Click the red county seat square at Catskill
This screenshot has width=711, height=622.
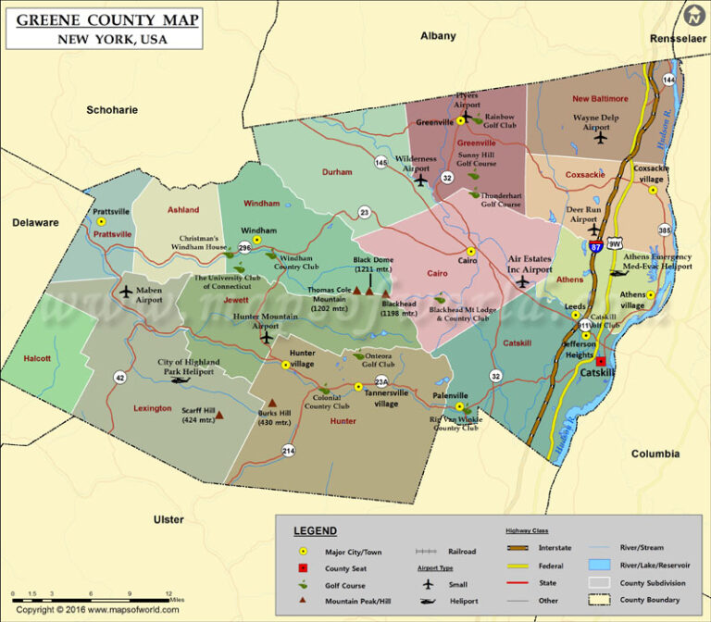tap(600, 361)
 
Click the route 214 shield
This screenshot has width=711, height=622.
tap(289, 450)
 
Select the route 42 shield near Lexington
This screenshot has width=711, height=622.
tap(119, 377)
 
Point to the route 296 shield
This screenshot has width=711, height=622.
tap(244, 248)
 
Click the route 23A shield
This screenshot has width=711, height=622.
tap(380, 381)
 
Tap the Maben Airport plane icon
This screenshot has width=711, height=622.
tap(127, 292)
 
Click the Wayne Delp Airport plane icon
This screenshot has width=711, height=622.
tap(601, 139)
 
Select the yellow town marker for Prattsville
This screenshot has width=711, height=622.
tap(102, 222)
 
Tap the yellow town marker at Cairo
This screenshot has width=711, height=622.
tap(471, 251)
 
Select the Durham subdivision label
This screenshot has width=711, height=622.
tap(337, 172)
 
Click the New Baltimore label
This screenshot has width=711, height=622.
tap(600, 98)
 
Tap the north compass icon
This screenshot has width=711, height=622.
tap(692, 16)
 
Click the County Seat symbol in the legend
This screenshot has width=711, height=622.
tap(301, 567)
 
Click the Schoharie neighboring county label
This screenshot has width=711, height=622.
tap(112, 110)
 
